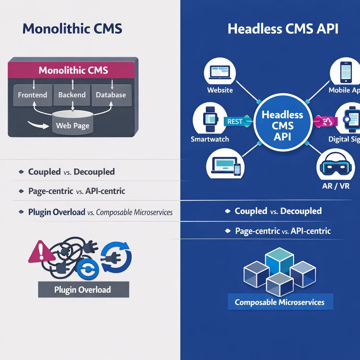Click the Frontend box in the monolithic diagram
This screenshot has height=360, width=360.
coord(32,95)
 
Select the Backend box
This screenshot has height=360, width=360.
coord(72,95)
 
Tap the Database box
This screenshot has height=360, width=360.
coord(111,95)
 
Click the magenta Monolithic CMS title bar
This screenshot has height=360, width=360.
coord(73,70)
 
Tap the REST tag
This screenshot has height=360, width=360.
coord(234,122)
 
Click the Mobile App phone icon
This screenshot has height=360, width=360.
coord(346,72)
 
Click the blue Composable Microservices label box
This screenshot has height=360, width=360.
coord(280,302)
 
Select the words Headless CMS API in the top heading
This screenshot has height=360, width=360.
coord(283,29)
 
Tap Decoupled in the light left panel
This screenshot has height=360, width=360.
coord(95,172)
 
